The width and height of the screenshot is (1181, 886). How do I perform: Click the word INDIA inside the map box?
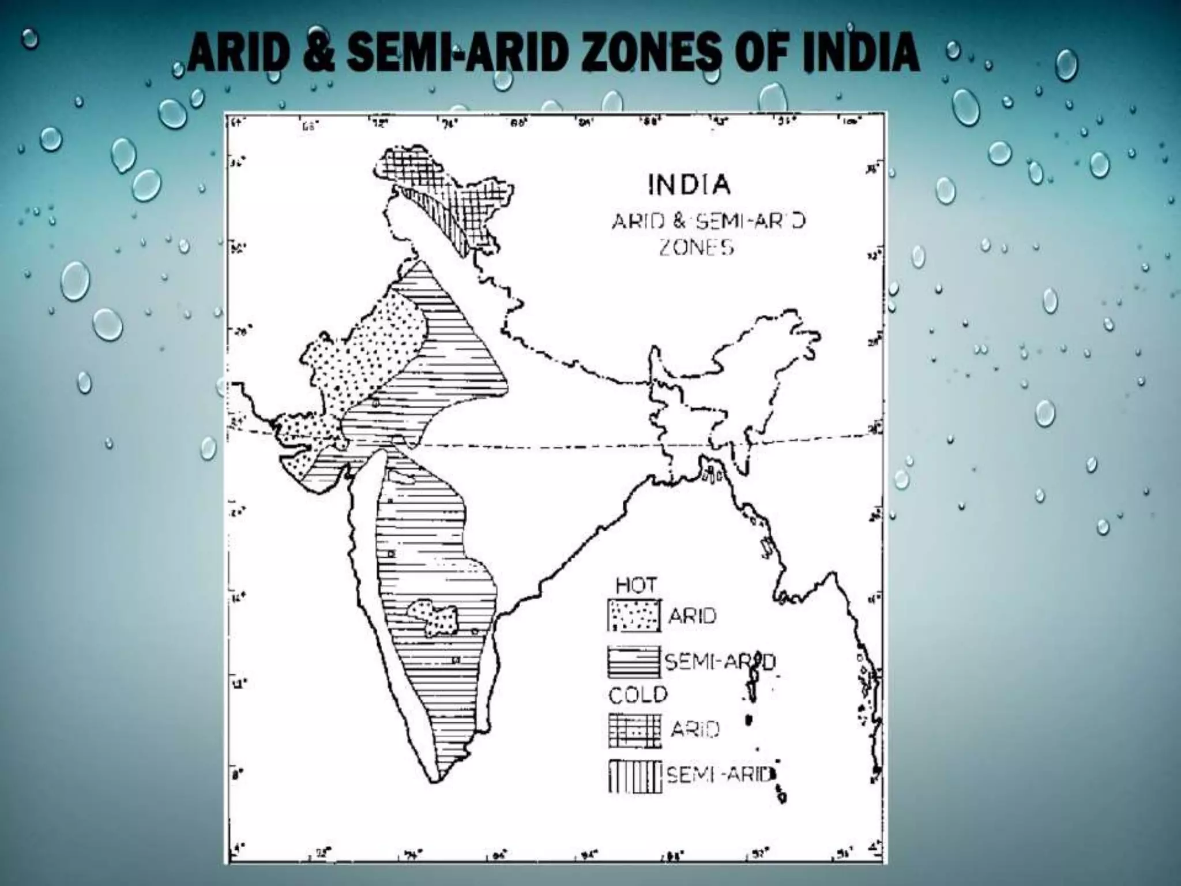click(690, 186)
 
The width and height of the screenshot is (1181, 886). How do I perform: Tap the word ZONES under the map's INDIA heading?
click(697, 248)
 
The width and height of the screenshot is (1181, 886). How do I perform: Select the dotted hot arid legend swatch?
click(633, 615)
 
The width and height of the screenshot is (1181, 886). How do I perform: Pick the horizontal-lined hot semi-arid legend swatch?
click(633, 662)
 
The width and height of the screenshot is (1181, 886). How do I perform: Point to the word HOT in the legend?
click(635, 585)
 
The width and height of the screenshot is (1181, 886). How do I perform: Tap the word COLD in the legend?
click(638, 695)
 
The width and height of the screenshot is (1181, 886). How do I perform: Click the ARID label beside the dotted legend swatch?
click(692, 616)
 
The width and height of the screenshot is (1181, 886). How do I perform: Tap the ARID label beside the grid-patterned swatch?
click(695, 730)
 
